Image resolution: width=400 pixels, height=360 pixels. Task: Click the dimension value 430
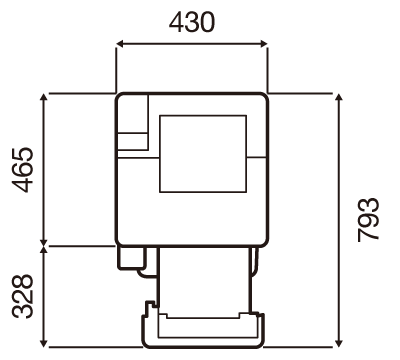[192, 22]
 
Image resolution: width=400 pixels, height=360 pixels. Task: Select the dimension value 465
[23, 170]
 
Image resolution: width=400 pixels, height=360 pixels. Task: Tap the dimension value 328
[23, 296]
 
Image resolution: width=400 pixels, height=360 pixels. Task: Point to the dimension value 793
[368, 220]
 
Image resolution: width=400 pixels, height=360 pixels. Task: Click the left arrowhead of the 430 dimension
[120, 44]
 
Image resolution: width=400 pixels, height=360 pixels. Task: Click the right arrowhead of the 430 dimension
[264, 44]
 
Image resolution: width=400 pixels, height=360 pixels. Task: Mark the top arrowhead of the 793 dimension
[339, 98]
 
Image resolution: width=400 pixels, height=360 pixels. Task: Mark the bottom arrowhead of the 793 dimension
[339, 343]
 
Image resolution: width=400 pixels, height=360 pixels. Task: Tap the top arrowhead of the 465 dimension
[43, 98]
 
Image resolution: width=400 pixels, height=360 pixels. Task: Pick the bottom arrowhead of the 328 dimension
[43, 343]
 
